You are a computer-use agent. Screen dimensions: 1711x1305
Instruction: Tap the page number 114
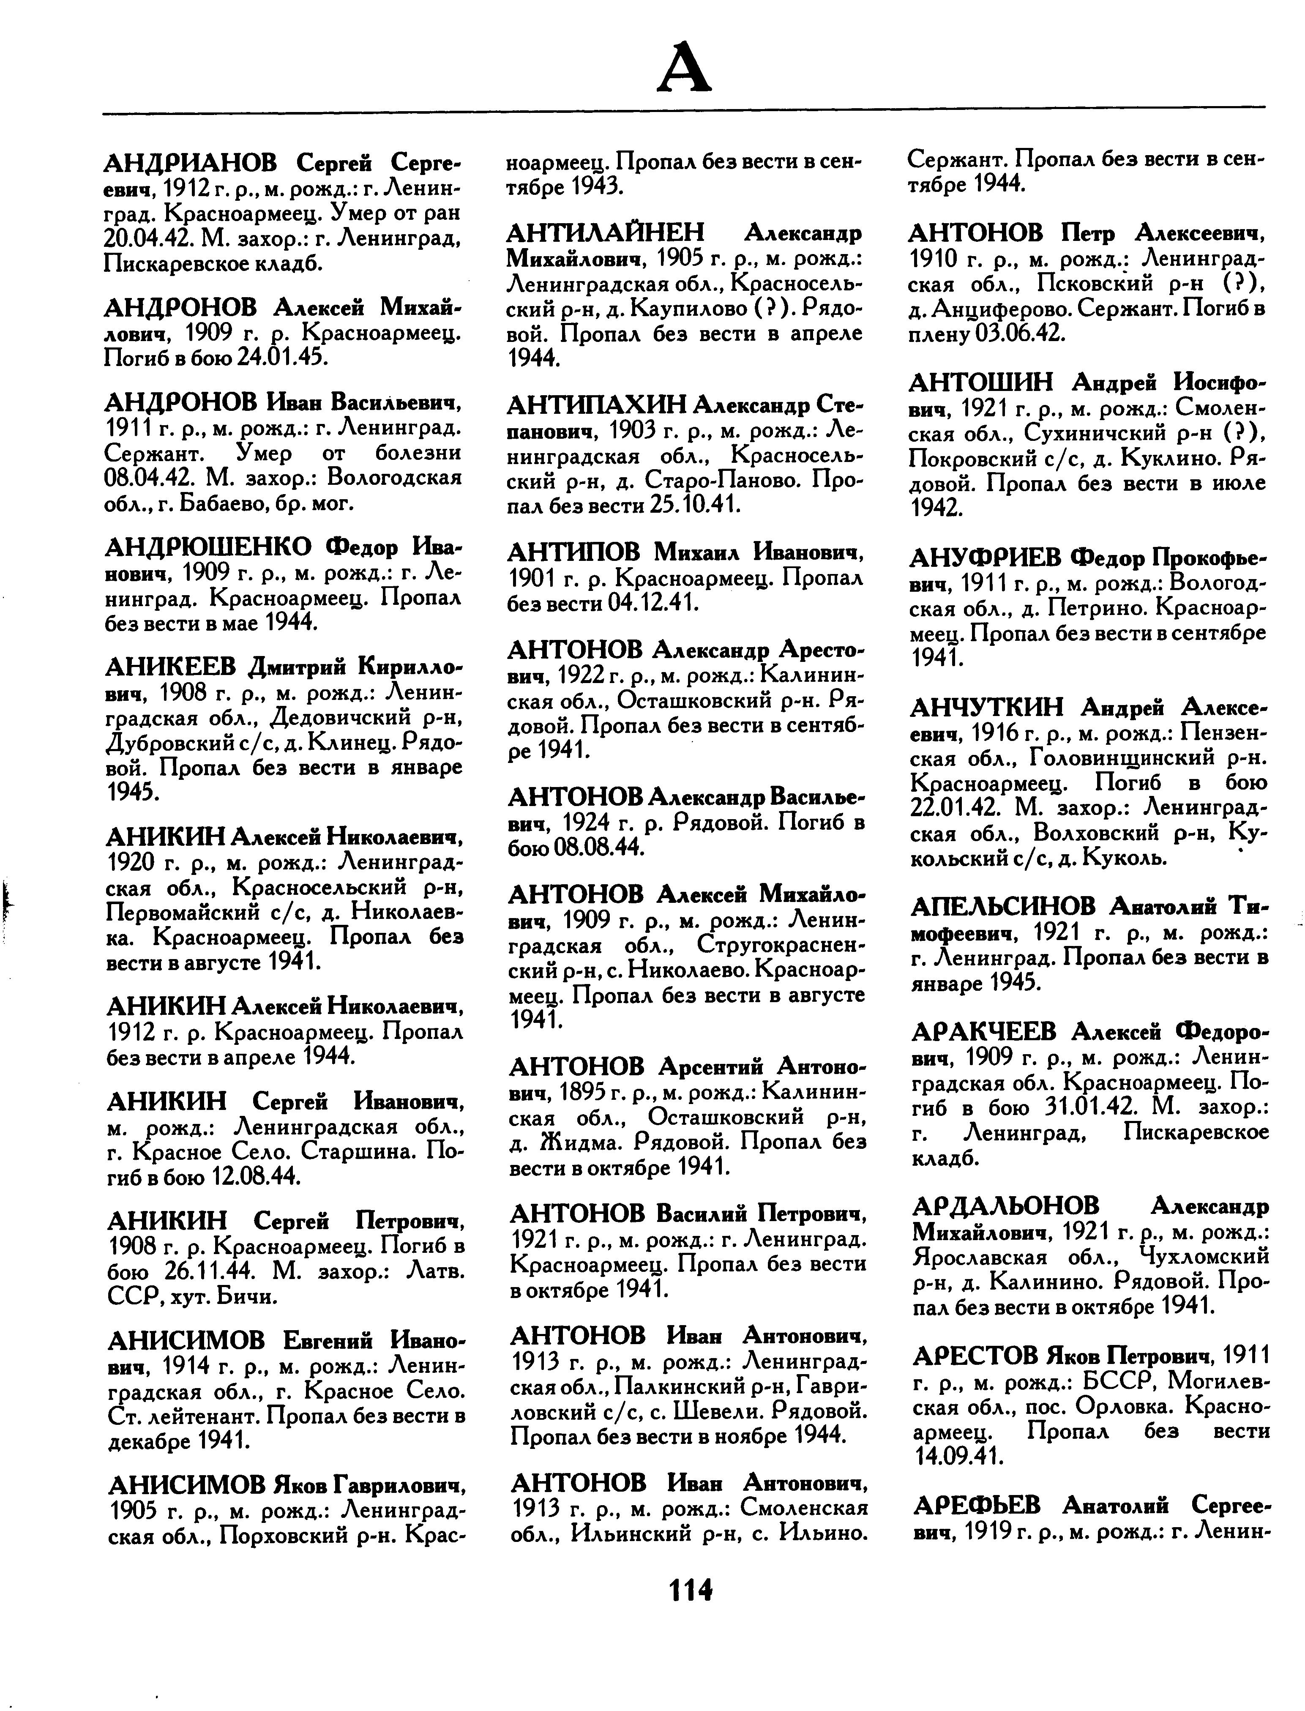(690, 1590)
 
